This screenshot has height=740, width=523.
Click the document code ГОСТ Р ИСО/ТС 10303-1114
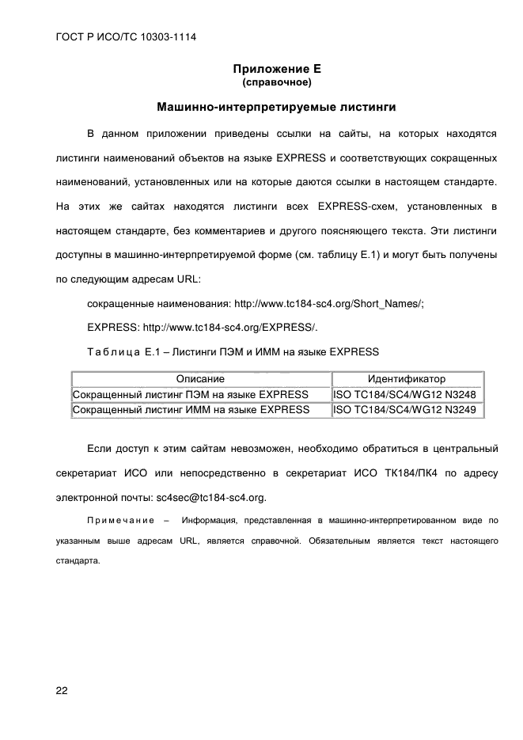pyautogui.click(x=126, y=38)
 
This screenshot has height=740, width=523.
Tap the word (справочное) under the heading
pyautogui.click(x=276, y=82)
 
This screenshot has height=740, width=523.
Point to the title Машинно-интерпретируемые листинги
pyautogui.click(x=276, y=105)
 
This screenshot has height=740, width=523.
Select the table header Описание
pyautogui.click(x=200, y=379)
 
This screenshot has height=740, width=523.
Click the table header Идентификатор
pyautogui.click(x=407, y=379)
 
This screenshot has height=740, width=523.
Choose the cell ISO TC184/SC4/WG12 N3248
pyautogui.click(x=404, y=394)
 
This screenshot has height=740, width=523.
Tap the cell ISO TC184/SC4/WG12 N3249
pyautogui.click(x=404, y=409)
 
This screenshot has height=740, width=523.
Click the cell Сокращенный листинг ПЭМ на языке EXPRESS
pyautogui.click(x=191, y=394)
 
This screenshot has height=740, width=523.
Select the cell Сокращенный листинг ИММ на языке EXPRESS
pyautogui.click(x=191, y=409)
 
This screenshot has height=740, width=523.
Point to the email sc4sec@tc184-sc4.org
pyautogui.click(x=211, y=498)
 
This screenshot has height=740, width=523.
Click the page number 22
pyautogui.click(x=62, y=690)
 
